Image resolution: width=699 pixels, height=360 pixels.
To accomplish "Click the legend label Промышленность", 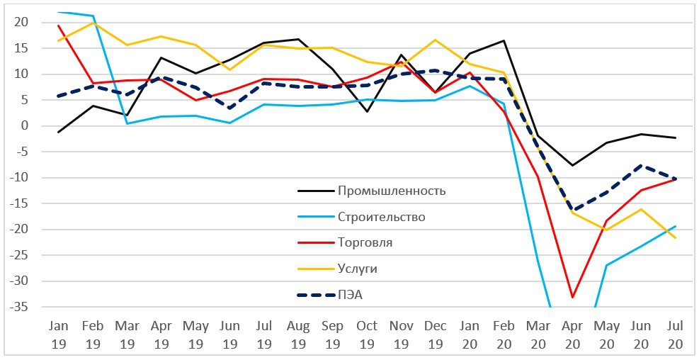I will coord(391,191).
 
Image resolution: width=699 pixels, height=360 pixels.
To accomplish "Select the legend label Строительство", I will coord(382,217).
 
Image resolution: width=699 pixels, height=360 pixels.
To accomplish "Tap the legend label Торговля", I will coord(365,242).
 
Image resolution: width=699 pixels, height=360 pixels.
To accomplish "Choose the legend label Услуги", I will coord(358,269).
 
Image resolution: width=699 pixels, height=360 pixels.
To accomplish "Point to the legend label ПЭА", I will coord(350,295).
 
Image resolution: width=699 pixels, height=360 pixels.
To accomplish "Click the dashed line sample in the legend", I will coord(314,295).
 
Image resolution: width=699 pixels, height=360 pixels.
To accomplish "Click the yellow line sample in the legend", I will coord(314,269).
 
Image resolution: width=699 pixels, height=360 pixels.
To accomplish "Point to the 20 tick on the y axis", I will coord(21,22).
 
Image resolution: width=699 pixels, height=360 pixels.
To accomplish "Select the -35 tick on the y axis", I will coord(18,307).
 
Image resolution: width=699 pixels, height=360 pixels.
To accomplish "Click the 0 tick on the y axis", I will coord(24,125).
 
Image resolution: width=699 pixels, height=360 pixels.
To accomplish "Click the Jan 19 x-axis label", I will coord(59,334).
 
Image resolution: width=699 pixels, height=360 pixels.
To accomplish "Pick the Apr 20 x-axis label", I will coord(572,334).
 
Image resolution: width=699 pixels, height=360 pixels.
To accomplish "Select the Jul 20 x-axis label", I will coord(675,334).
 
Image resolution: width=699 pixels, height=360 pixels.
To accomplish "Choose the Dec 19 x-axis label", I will coord(435,334).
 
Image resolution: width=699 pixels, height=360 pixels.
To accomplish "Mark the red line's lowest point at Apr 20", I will coord(572,297).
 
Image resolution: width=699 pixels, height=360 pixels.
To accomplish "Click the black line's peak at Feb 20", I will coord(504,40).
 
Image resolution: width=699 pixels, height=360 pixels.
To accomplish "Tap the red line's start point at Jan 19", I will coord(59,26).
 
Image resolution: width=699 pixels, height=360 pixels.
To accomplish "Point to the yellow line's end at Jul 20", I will coord(675,237).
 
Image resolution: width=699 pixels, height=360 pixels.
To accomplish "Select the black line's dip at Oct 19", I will coord(367,111).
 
